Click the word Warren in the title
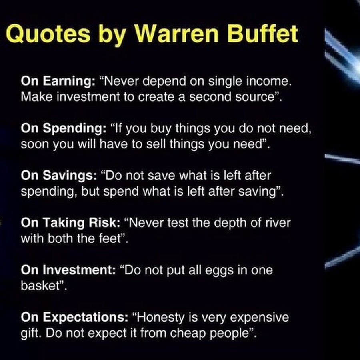point(176,34)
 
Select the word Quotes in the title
point(48,34)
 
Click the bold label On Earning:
point(58,81)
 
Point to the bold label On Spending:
point(64,128)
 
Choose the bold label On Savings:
point(59,176)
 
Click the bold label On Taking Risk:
point(70,223)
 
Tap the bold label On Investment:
point(68,270)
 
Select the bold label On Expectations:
point(74,318)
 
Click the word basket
point(40,286)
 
